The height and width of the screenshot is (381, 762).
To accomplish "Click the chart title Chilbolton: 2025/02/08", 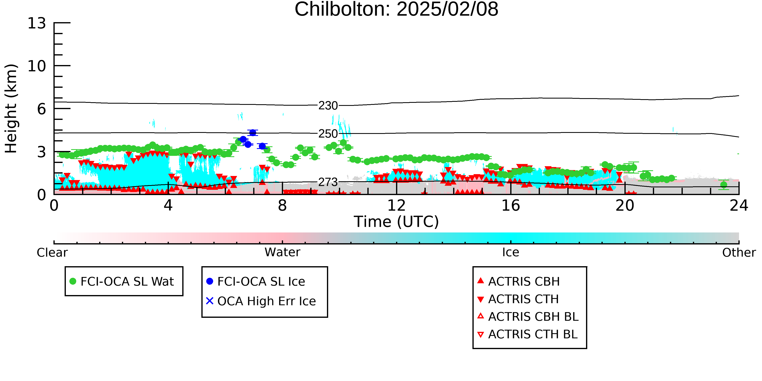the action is [x=396, y=10].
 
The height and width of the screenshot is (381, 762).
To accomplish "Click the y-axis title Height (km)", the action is [x=11, y=109].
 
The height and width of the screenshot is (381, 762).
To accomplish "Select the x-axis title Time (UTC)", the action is [x=396, y=221].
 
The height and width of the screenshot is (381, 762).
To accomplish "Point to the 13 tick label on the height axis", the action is [x=37, y=23].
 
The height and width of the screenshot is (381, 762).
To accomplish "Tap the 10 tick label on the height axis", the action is [x=37, y=66].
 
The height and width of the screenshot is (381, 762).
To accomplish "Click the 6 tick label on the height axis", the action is [x=41, y=109].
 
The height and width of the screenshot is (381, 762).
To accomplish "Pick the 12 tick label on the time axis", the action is [x=396, y=206].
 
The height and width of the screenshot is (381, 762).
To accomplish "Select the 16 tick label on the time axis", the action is [x=511, y=206].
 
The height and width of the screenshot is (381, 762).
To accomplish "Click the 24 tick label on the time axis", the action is [x=739, y=206].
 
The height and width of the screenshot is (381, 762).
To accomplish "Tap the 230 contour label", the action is [x=328, y=106].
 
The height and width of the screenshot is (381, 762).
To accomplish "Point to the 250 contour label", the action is [x=328, y=134].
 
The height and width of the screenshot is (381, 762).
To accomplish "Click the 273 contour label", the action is [x=328, y=182].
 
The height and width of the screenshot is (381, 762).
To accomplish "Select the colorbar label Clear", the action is [x=52, y=253].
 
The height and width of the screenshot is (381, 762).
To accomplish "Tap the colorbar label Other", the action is [x=739, y=253].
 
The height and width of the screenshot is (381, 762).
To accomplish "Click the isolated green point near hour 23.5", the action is [x=724, y=185].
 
